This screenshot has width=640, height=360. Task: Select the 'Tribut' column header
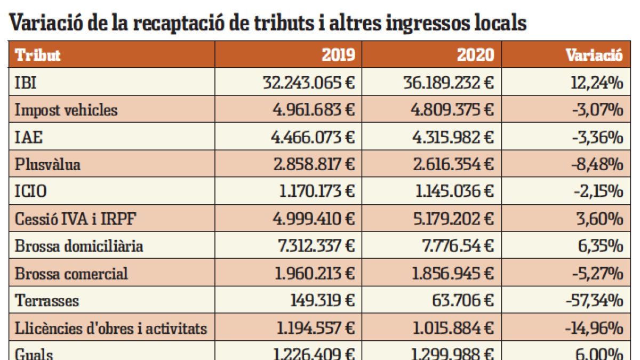click(x=37, y=55)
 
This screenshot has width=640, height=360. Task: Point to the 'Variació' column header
click(x=594, y=55)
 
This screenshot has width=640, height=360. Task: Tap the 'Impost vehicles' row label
click(x=66, y=110)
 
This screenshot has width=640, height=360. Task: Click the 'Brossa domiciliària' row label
click(x=79, y=246)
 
